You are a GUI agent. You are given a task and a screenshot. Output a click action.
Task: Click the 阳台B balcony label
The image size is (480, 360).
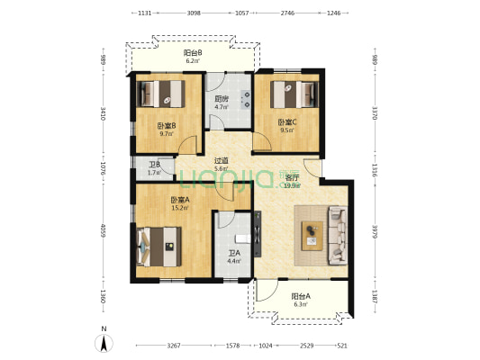(x=193, y=53)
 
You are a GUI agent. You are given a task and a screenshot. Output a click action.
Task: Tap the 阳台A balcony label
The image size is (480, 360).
(x=300, y=296)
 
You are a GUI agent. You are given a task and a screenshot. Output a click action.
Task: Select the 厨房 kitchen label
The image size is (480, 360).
(x=221, y=100)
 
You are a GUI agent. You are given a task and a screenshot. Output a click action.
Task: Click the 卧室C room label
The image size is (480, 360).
(x=285, y=122)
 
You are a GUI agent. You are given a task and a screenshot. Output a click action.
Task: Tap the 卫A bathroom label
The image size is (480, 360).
(x=234, y=254)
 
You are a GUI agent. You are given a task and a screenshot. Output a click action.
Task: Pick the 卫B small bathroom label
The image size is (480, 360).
(x=154, y=165)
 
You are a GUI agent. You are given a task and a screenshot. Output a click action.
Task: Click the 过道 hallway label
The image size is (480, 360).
(x=221, y=161)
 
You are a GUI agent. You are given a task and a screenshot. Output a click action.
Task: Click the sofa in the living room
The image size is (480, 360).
(x=338, y=234)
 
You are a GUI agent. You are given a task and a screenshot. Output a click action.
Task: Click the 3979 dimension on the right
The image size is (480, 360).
(x=373, y=231)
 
